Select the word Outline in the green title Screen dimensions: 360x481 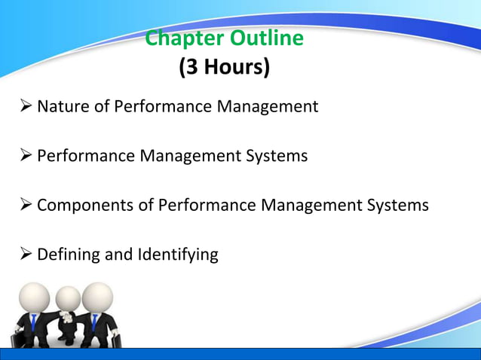[x=268, y=38]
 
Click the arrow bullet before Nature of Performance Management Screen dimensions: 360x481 [x=23, y=107]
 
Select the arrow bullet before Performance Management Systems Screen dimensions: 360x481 [x=23, y=156]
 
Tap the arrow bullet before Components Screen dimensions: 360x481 [x=23, y=205]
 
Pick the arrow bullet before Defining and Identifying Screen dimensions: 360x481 [x=23, y=255]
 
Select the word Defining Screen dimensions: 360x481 [x=69, y=255]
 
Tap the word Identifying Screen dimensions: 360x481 [x=177, y=255]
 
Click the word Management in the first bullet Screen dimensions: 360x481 [x=268, y=107]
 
